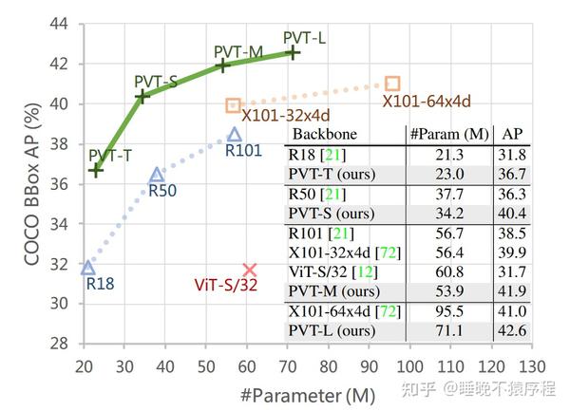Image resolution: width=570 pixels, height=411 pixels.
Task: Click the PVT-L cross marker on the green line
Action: coord(293,53)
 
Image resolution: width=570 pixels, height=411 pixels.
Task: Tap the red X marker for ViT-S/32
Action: coord(250,271)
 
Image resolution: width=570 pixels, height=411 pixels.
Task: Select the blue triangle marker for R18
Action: coord(88,268)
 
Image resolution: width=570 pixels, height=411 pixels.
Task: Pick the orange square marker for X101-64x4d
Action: coord(392,84)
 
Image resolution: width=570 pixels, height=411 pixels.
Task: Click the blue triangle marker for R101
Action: coord(235,135)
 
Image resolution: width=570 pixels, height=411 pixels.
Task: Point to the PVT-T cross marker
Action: coord(96,169)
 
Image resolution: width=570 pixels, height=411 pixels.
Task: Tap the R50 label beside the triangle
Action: coord(161,191)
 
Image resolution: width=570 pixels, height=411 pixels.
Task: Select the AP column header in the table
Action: coord(512,134)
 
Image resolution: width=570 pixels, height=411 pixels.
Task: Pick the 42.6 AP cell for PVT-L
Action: coord(512,329)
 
